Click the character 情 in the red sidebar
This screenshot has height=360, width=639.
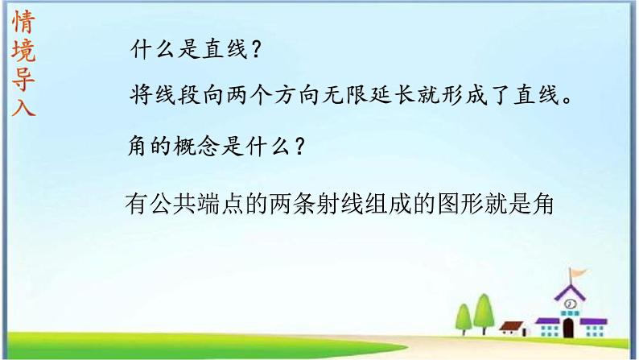coord(23,22)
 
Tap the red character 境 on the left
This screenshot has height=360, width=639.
coord(23,50)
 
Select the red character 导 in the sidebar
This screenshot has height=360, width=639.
coord(23,78)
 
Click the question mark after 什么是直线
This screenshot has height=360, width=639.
coord(257,49)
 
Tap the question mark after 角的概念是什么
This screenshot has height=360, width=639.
coord(300,145)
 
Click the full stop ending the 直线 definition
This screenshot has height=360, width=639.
coord(567,99)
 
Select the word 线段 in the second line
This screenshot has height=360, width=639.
coord(177,94)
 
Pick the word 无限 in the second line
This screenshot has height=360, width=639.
coord(345,94)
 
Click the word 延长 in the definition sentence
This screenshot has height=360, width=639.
coord(393,94)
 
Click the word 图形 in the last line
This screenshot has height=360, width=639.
coord(460,204)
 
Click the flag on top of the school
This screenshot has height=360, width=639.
coord(579,272)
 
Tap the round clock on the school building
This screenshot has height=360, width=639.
coord(570,304)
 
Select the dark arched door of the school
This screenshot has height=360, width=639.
coord(568,328)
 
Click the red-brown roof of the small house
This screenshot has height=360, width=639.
coord(511,325)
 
